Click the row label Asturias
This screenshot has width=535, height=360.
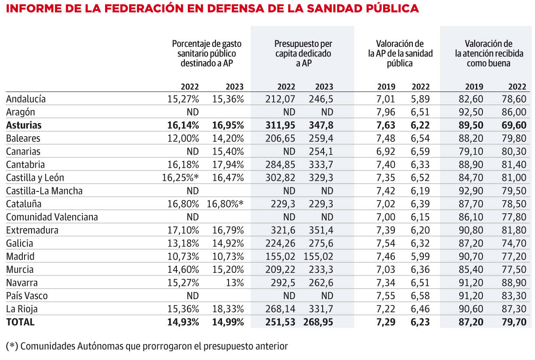[24, 125]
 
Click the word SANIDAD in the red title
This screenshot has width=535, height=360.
[333, 8]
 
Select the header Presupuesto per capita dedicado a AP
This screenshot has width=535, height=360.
[303, 53]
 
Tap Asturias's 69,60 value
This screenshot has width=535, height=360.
[514, 125]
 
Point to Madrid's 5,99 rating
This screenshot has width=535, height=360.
[420, 257]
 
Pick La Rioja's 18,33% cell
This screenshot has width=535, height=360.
[228, 309]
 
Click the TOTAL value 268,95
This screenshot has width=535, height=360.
[318, 322]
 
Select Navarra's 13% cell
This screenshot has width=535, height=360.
[235, 283]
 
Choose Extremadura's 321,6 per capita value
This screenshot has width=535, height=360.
[283, 230]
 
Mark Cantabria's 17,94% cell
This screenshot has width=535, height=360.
[228, 165]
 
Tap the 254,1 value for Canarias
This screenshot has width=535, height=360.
[321, 152]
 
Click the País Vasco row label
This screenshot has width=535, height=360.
[27, 296]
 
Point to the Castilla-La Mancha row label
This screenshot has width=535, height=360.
[44, 191]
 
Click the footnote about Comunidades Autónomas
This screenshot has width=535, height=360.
[147, 346]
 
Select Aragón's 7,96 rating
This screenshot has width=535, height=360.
[385, 112]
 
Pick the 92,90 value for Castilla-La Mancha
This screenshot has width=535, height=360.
[471, 191]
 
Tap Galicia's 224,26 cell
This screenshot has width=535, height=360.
[280, 244]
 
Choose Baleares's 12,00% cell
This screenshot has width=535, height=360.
[183, 138]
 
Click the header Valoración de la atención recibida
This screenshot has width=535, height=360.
[489, 49]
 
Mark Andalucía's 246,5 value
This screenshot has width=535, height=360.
[321, 99]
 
